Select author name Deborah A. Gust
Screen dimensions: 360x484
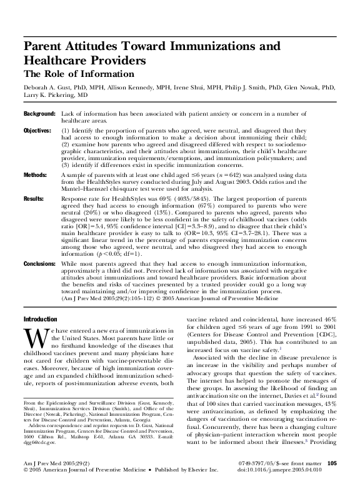46,88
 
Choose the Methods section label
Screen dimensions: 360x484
35,176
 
